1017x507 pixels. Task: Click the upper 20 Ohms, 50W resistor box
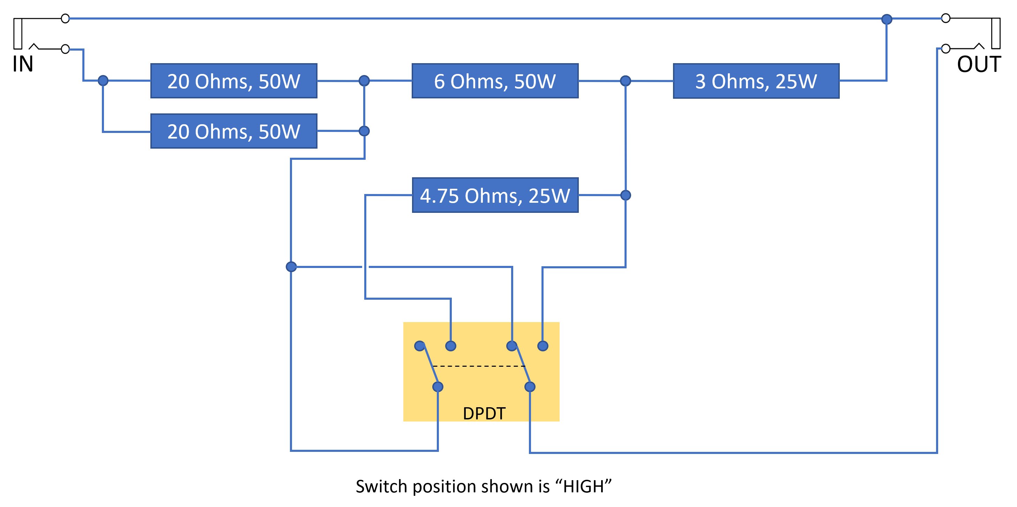234,81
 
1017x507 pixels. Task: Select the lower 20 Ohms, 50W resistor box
234,131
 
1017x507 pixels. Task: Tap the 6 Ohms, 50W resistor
495,81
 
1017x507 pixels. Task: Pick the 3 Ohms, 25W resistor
756,81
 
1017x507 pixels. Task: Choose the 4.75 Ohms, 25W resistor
495,195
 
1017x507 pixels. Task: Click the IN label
23,64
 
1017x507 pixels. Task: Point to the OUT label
979,64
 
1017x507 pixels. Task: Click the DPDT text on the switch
484,413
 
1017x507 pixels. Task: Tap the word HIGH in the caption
584,486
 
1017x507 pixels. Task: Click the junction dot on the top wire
887,19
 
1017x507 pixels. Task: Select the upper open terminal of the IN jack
66,18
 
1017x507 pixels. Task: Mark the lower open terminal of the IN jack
66,49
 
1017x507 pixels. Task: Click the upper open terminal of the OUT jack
945,18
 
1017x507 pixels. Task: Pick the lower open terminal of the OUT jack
945,49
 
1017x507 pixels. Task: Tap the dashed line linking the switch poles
479,366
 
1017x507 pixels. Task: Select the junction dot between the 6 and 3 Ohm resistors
625,81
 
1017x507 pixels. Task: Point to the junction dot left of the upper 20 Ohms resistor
103,81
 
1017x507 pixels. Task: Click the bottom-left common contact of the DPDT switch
438,387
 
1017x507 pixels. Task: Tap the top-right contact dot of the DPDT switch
543,346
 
